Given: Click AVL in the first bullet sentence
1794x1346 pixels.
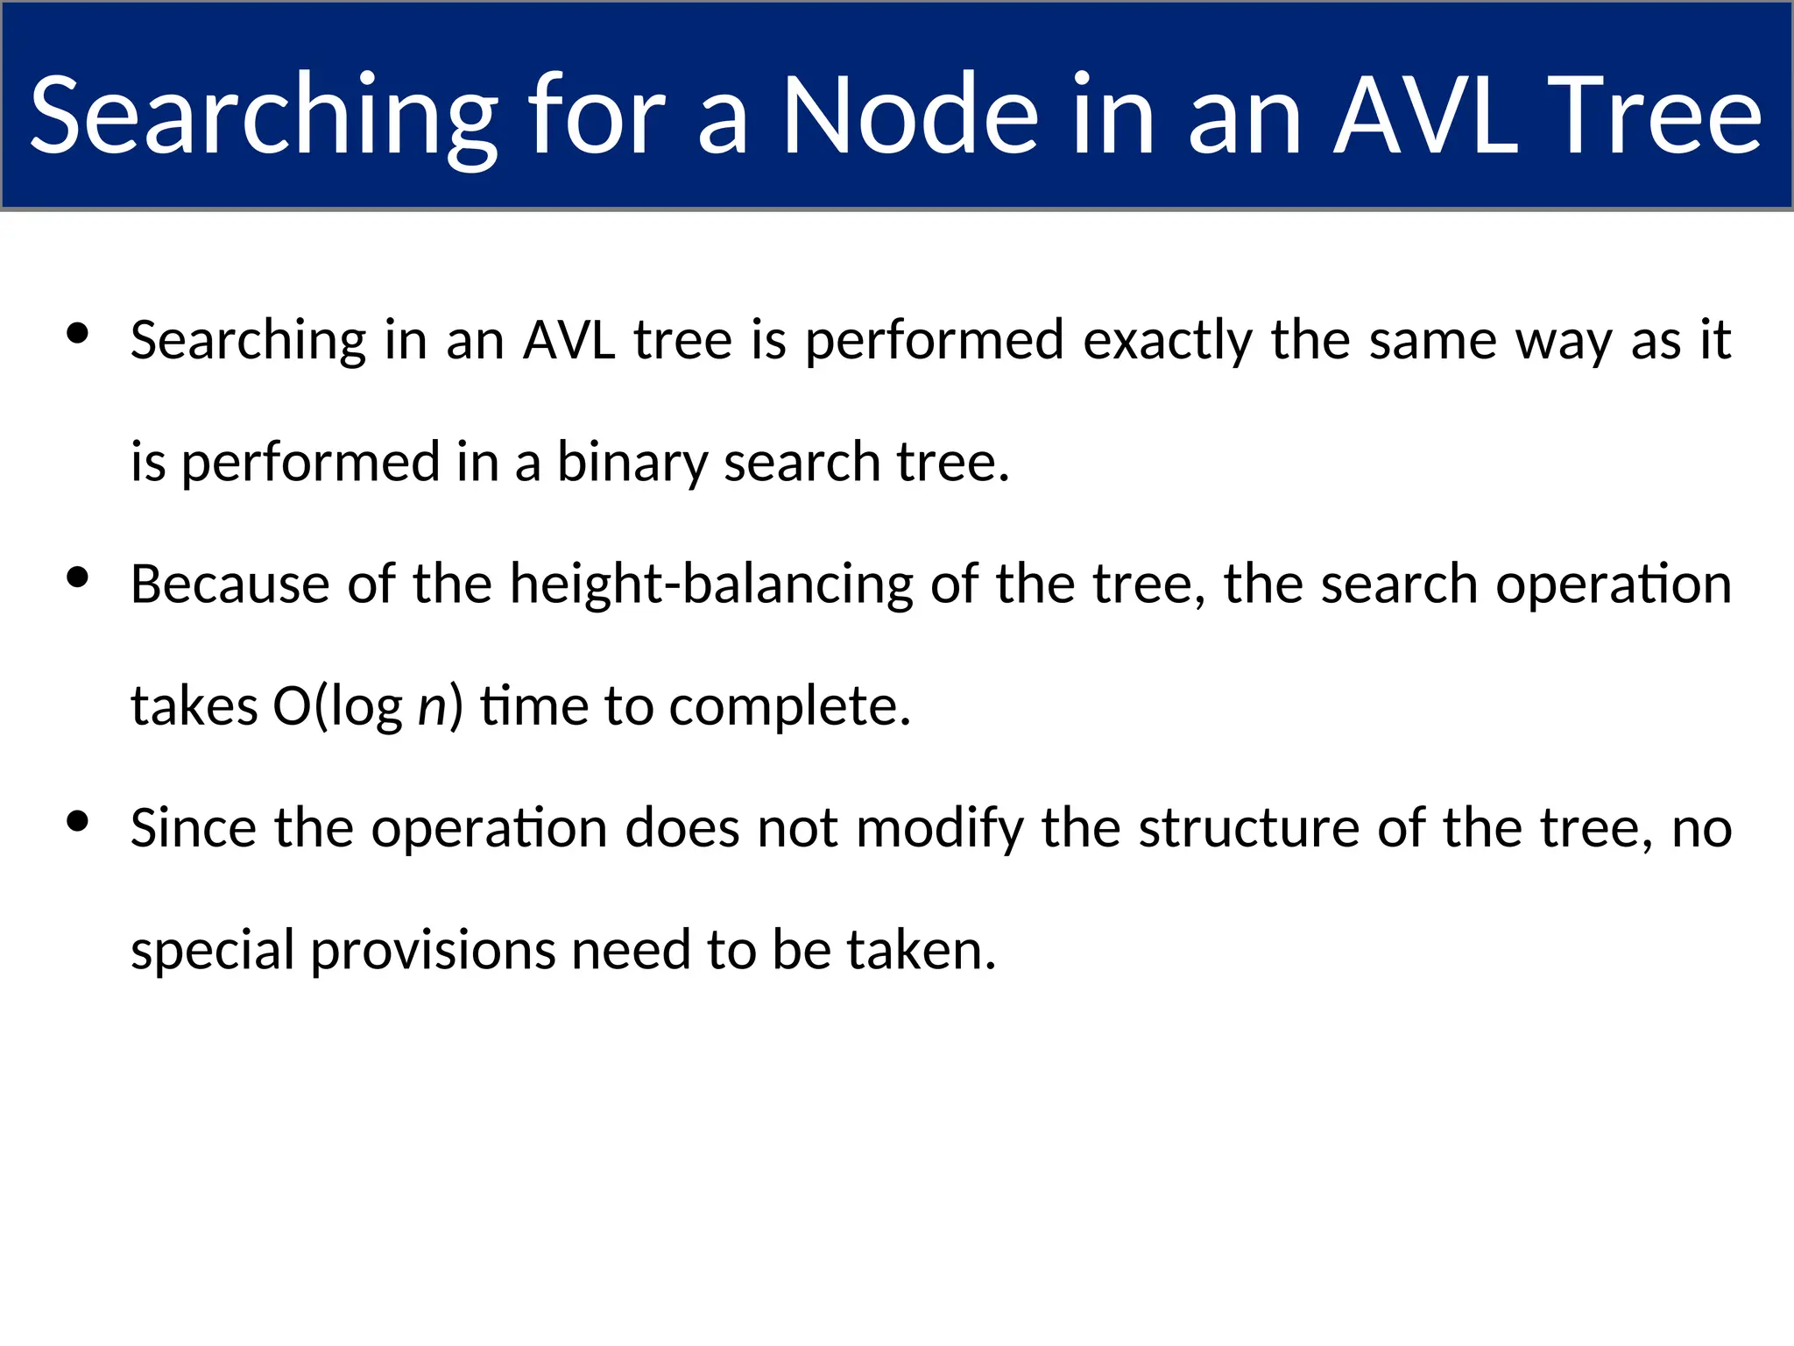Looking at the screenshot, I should (x=569, y=340).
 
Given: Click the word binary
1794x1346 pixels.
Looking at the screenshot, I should (x=631, y=462).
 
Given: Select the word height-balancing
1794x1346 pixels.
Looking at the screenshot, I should (x=711, y=584).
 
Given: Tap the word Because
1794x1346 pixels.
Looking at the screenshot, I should (x=230, y=584).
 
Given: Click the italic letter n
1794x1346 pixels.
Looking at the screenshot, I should (x=432, y=707).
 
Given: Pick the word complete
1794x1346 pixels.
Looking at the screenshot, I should (x=789, y=707).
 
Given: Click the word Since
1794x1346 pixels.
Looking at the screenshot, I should (x=193, y=828).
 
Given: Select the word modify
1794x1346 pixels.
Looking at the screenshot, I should (x=939, y=828).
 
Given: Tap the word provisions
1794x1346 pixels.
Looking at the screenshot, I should (x=433, y=951).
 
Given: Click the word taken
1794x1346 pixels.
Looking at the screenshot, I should (x=921, y=951).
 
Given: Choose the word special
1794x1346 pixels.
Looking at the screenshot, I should (x=212, y=951).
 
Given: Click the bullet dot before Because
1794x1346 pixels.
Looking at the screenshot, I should (x=78, y=577).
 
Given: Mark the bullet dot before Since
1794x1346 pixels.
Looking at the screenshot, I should (x=78, y=821).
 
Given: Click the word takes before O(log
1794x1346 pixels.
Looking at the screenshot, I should (x=194, y=707).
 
